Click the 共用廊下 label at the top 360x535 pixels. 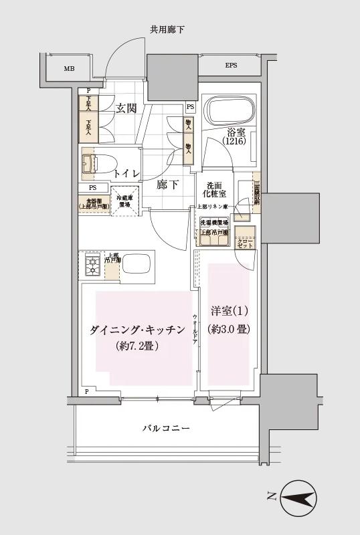click(x=167, y=29)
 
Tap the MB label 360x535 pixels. click(x=69, y=69)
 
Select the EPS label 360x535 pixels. click(x=231, y=66)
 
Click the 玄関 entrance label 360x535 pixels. click(x=126, y=108)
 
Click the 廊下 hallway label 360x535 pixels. click(x=168, y=185)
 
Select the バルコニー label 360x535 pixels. click(x=166, y=428)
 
